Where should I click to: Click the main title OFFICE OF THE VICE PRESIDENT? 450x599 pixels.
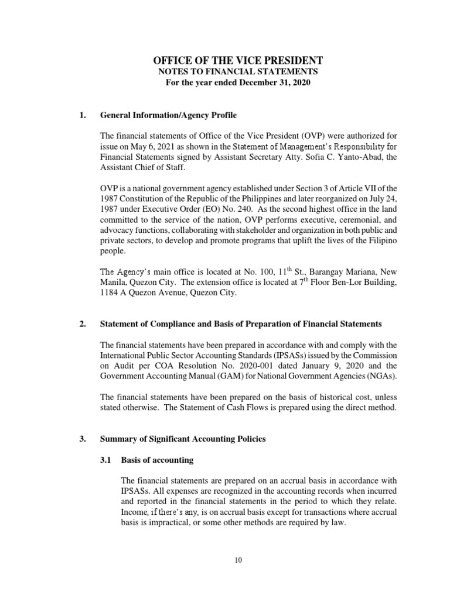(237, 60)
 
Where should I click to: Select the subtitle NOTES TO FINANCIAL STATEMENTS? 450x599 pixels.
(237, 71)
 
